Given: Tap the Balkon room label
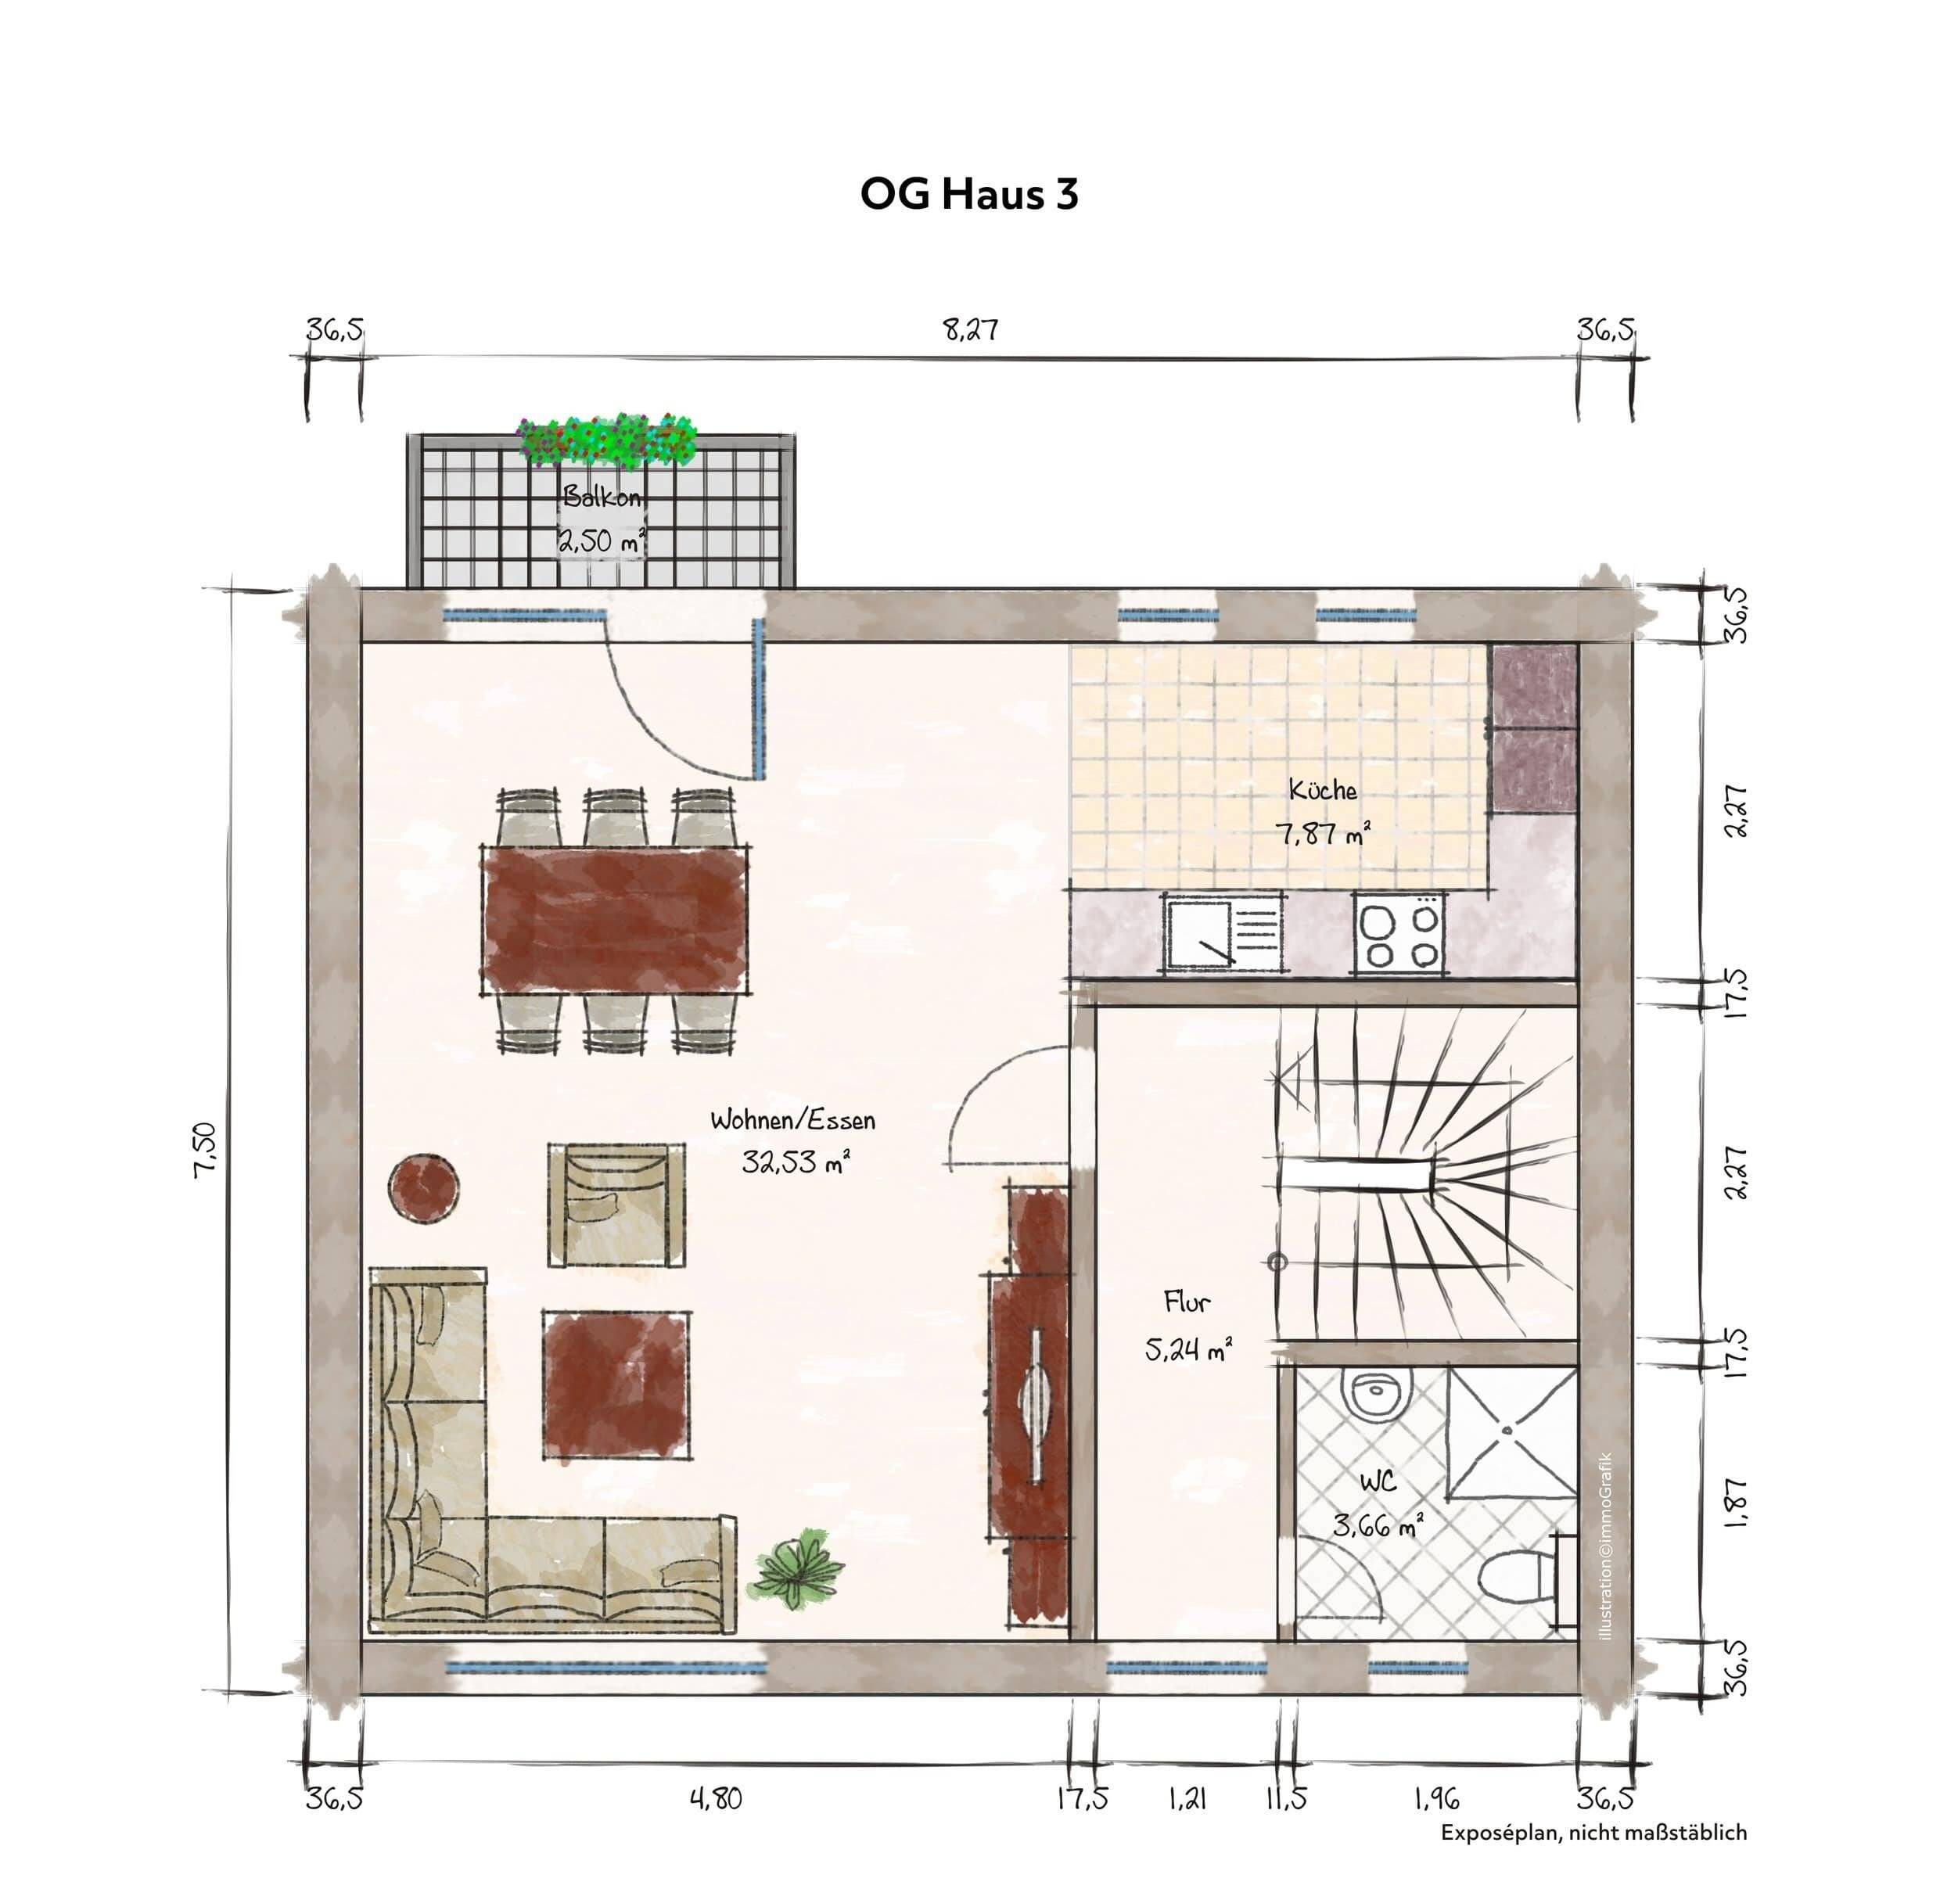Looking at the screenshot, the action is pyautogui.click(x=602, y=496).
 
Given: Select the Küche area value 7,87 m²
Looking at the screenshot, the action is pyautogui.click(x=1323, y=833).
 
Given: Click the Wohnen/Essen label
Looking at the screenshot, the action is pyautogui.click(x=792, y=1120).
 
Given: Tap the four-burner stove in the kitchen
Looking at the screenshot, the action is pyautogui.click(x=1398, y=932).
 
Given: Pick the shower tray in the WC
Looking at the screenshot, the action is pyautogui.click(x=1511, y=1431).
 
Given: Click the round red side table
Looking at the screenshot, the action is pyautogui.click(x=424, y=1187).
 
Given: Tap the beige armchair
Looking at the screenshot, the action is pyautogui.click(x=616, y=1204).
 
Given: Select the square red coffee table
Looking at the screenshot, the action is pyautogui.click(x=616, y=1384).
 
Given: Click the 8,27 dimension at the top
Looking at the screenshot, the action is pyautogui.click(x=969, y=329).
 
